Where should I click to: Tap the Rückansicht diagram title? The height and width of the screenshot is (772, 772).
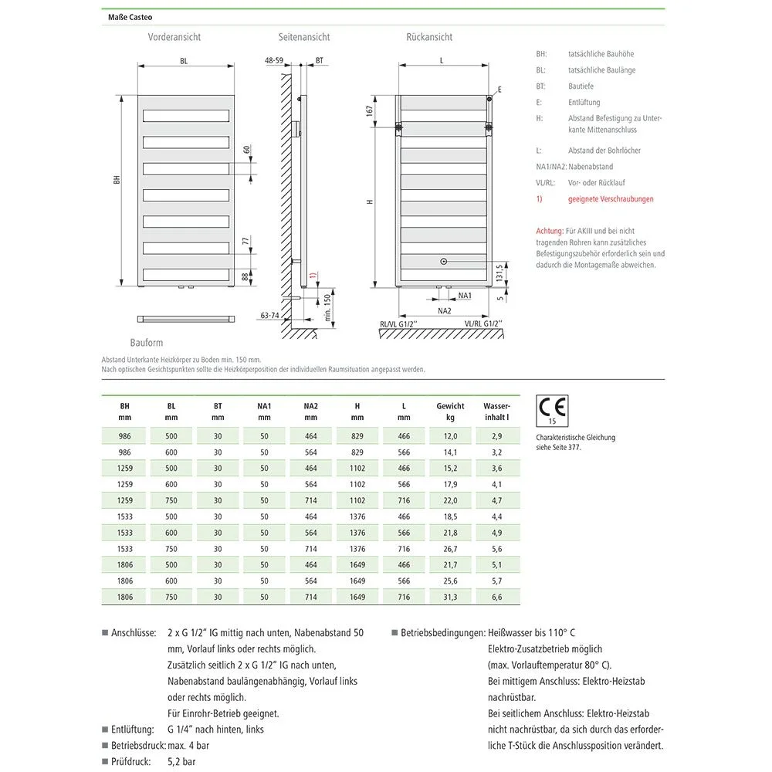coord(429,37)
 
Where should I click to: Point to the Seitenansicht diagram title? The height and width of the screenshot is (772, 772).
coord(304,37)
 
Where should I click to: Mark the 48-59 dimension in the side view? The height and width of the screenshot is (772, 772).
coord(274,59)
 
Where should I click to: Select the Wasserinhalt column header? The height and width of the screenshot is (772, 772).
coord(496,411)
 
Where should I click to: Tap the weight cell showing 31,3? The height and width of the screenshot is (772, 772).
coord(450,597)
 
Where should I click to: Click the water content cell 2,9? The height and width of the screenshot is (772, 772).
coord(496,436)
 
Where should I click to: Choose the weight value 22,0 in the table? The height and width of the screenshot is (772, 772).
coord(450,500)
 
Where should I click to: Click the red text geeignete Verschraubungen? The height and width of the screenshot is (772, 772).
coord(611,199)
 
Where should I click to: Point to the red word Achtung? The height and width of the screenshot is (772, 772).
coord(549,231)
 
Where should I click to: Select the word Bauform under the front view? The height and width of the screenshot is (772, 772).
coord(147,342)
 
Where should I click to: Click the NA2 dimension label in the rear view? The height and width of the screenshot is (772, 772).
coord(444,310)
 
